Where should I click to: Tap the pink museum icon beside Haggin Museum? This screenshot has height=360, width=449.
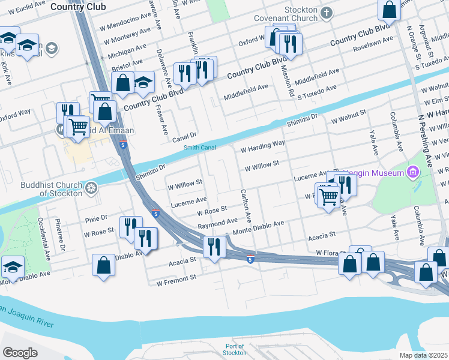[x=412, y=173]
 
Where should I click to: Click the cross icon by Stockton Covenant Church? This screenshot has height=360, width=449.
[x=327, y=13]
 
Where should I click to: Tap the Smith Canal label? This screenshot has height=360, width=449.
[x=200, y=147]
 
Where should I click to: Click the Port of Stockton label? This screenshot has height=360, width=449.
[x=235, y=349]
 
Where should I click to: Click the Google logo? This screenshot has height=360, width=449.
[x=20, y=353]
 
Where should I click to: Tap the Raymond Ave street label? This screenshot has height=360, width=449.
[x=217, y=222]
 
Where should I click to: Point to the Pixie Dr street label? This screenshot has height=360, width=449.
[x=95, y=218]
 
